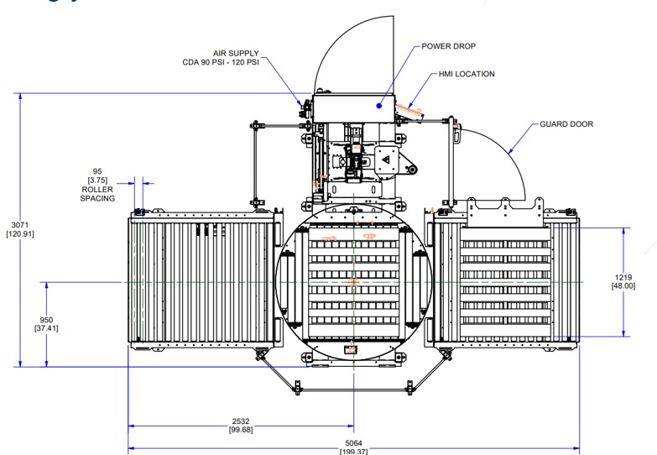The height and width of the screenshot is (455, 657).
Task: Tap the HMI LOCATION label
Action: (467, 74)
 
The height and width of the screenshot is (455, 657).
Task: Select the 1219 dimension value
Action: (623, 277)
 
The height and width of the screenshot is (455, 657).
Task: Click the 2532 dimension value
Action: (241, 421)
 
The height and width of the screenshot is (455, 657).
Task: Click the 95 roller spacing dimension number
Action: (97, 171)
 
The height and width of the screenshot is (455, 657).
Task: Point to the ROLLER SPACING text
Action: (97, 194)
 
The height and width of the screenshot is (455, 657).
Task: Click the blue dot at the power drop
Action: (379, 106)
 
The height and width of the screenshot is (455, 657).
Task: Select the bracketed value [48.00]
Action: (623, 286)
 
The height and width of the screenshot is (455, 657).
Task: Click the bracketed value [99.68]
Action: (241, 431)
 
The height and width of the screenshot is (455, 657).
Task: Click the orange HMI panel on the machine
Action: (409, 109)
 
